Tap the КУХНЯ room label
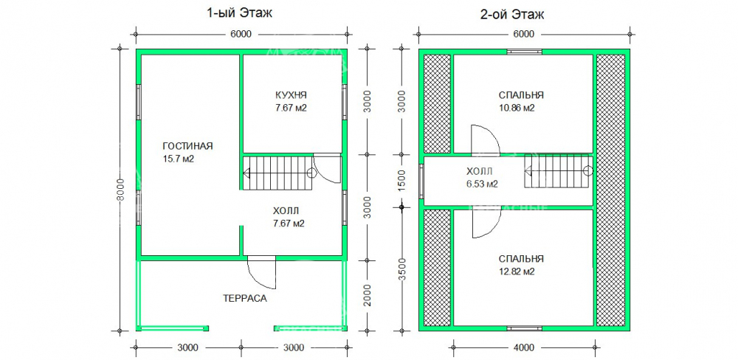pos(292,95)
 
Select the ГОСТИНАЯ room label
pos(188,145)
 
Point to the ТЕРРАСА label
pos(244,299)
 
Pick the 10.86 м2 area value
pos(517,108)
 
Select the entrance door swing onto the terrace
pos(262,274)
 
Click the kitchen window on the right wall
pos(344,100)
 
